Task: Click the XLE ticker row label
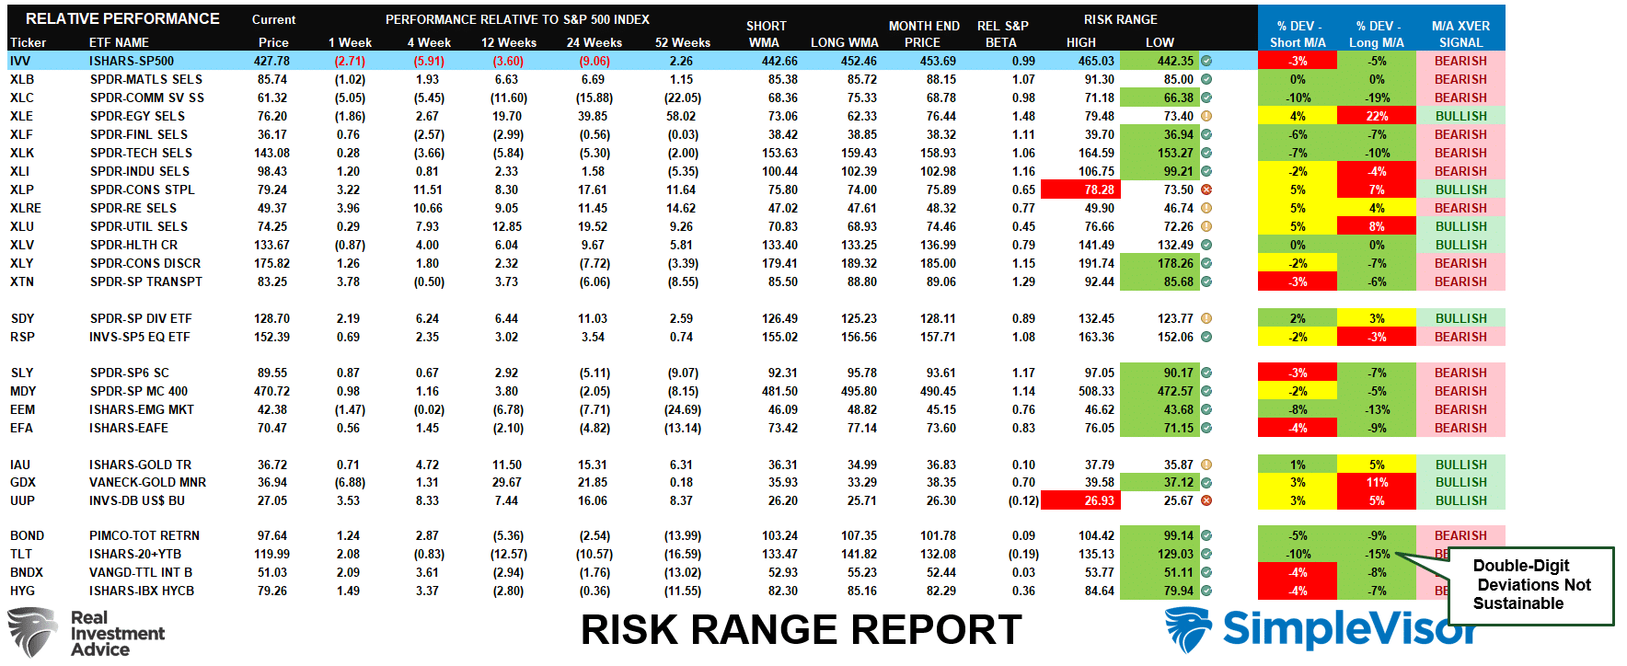pos(21,116)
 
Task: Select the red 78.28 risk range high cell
pos(1080,189)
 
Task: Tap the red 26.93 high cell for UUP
pos(1080,500)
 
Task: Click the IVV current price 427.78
pos(271,61)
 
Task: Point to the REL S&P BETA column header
pos(1002,34)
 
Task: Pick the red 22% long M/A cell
pos(1376,116)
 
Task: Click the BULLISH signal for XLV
pos(1460,245)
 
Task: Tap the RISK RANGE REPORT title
pos(801,630)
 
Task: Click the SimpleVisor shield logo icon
pos(1188,630)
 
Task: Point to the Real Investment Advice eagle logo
pos(32,632)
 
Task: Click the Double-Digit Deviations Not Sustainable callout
pos(1530,585)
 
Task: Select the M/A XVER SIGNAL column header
pos(1460,34)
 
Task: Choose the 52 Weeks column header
pos(682,42)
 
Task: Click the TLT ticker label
pos(21,554)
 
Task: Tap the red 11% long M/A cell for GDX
pos(1376,482)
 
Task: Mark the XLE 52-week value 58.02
pos(681,116)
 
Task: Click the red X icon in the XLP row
pos(1206,189)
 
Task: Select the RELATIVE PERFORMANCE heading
pos(122,18)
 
